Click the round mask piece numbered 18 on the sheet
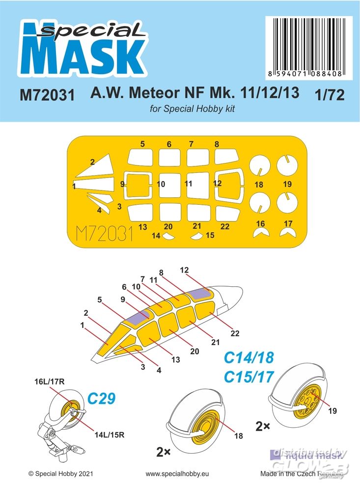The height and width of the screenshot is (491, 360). point(259,168)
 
